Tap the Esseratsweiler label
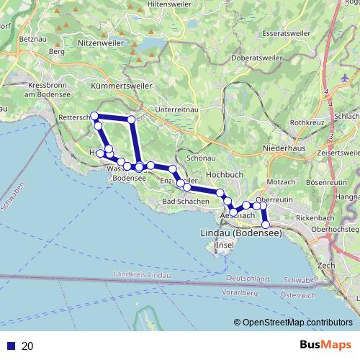pyautogui.click(x=286, y=33)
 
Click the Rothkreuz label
pyautogui.click(x=308, y=122)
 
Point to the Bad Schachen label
pyautogui.click(x=185, y=201)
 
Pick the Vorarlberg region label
pyautogui.click(x=242, y=292)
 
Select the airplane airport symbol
pyautogui.click(x=343, y=77)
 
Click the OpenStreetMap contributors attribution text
pyautogui.click(x=297, y=322)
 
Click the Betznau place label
pyautogui.click(x=34, y=37)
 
